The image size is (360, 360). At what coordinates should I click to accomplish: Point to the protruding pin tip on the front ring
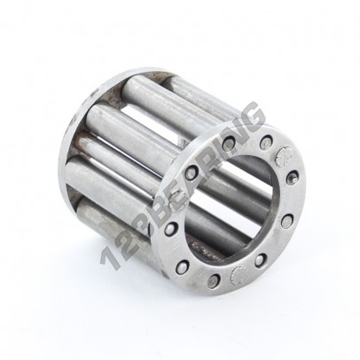292,178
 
